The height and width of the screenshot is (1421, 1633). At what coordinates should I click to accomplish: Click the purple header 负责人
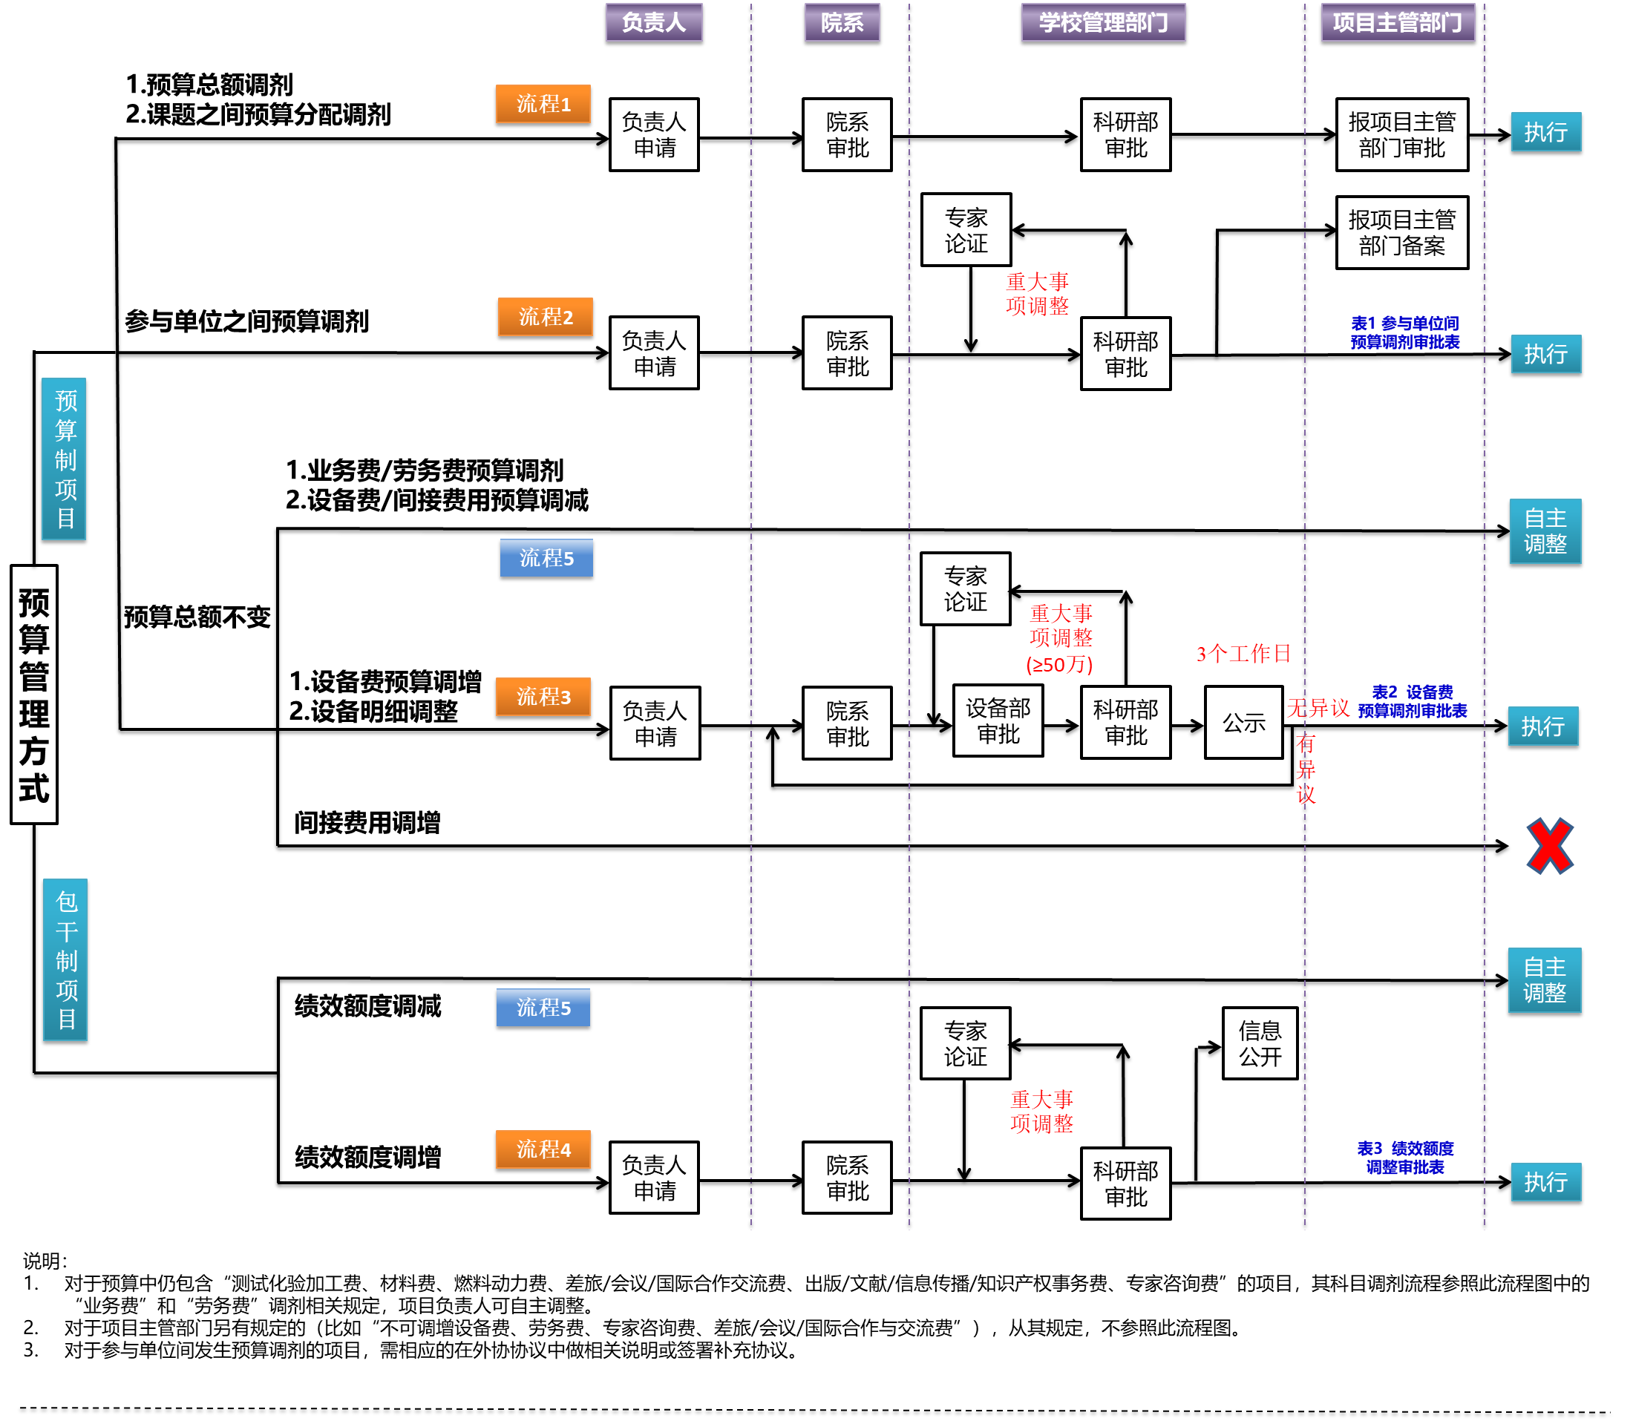pos(653,22)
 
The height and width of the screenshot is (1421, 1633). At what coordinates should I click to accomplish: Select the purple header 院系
pos(842,22)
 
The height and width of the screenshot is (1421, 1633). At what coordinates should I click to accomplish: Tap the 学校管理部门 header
pos(1102,22)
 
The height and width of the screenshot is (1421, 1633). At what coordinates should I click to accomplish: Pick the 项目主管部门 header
pos(1398,22)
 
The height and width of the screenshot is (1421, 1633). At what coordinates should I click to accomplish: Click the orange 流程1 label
pos(543,104)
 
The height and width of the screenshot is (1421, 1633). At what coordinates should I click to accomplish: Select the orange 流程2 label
pos(545,317)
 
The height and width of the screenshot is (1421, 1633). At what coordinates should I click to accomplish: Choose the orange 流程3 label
pos(543,697)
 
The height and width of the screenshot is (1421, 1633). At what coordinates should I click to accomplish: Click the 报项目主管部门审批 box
pos(1401,135)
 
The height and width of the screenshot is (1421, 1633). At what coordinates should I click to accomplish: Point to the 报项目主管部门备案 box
pos(1401,232)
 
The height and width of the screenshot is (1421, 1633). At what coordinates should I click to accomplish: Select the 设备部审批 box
pos(998,721)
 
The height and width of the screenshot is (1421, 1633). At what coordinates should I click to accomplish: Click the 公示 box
pos(1243,723)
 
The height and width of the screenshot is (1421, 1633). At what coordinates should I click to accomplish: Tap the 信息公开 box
pos(1260,1043)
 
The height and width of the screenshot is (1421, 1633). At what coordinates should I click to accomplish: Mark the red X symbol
pos(1549,846)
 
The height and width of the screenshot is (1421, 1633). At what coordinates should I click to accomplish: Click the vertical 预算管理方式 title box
pos(34,695)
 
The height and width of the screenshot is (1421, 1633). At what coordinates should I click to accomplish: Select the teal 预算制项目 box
pos(65,459)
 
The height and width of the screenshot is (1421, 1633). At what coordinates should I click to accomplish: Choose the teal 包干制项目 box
pos(65,959)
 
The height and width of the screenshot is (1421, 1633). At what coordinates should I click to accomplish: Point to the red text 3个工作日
pos(1243,654)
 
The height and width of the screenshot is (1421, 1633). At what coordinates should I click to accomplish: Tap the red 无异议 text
pos(1318,708)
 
